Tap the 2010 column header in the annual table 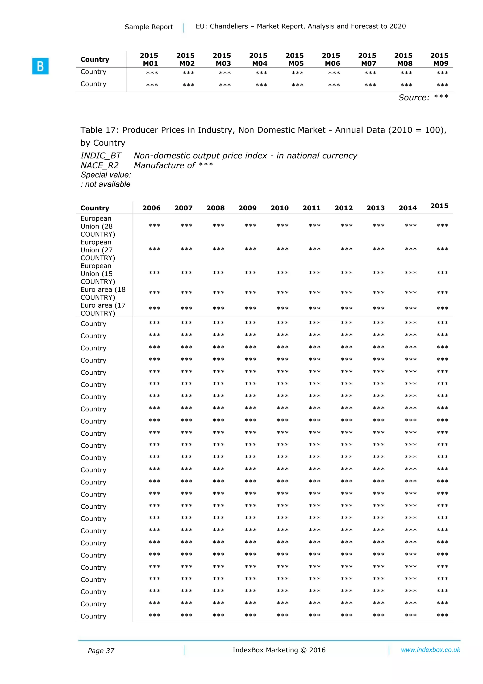pyautogui.click(x=279, y=208)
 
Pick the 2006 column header pyautogui.click(x=151, y=208)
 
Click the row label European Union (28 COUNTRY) pyautogui.click(x=98, y=226)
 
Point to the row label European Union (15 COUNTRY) pyautogui.click(x=98, y=273)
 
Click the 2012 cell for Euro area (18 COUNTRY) pyautogui.click(x=346, y=293)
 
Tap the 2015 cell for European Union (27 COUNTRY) pyautogui.click(x=442, y=249)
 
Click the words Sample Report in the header pyautogui.click(x=149, y=27)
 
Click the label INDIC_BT pyautogui.click(x=101, y=156)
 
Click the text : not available pyautogui.click(x=105, y=184)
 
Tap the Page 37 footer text pyautogui.click(x=101, y=651)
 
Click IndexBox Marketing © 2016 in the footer pyautogui.click(x=279, y=650)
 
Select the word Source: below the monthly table pyautogui.click(x=414, y=98)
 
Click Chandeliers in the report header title pyautogui.click(x=229, y=26)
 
